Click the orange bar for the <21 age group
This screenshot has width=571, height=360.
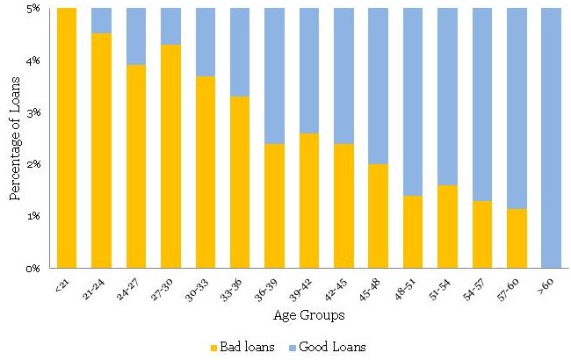66,138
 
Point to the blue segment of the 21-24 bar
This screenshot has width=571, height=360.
101,20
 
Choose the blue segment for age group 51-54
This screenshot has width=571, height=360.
446,97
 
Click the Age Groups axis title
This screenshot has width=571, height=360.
307,314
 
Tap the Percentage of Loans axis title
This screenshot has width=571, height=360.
15,139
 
